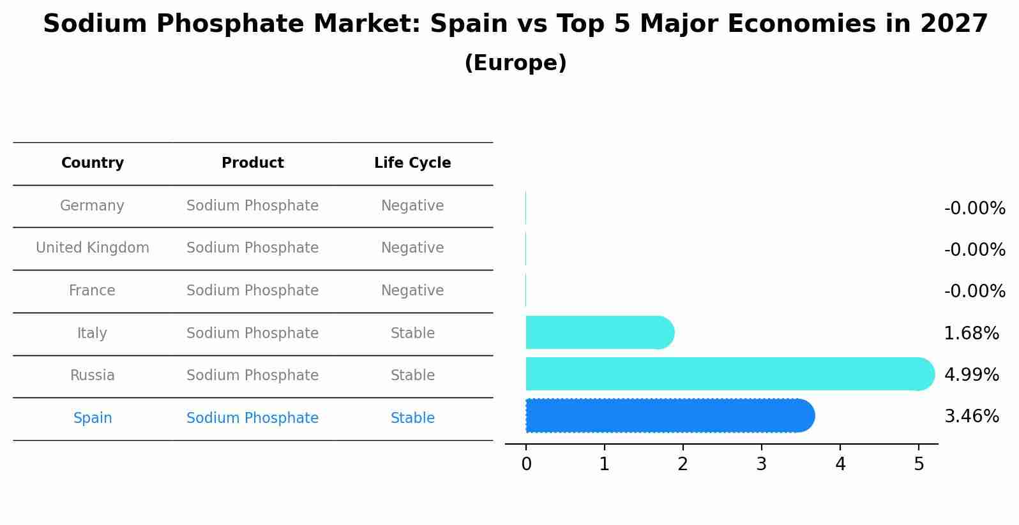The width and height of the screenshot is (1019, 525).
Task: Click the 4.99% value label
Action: [x=971, y=374]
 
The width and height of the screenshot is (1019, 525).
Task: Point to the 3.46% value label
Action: [x=971, y=417]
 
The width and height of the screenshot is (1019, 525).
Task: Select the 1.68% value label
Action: [x=971, y=333]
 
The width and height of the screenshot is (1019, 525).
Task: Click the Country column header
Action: [x=93, y=163]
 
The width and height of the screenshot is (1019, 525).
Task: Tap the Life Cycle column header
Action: [x=412, y=163]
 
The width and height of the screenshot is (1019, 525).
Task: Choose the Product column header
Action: [x=252, y=163]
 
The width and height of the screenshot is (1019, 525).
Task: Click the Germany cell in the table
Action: [x=92, y=206]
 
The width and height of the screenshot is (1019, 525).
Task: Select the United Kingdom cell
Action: [x=93, y=248]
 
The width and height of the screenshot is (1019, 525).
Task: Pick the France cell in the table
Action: [x=92, y=291]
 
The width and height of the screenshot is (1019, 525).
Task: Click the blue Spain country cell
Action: [x=93, y=418]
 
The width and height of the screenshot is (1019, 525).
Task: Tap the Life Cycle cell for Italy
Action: [x=412, y=334]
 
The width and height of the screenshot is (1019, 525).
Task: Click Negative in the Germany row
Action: [x=412, y=206]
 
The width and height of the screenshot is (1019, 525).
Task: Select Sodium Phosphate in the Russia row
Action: [x=252, y=376]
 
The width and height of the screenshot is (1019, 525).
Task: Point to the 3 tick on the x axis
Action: [x=761, y=464]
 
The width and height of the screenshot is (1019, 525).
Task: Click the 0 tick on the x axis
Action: [x=526, y=464]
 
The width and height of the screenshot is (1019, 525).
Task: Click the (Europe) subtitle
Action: [x=515, y=63]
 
